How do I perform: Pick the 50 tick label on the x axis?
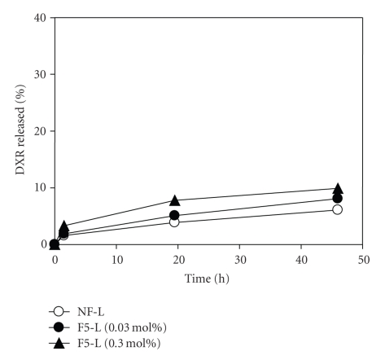(363, 259)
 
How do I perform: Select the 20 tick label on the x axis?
(178, 259)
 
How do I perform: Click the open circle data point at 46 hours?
(338, 209)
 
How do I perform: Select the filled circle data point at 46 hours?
(338, 198)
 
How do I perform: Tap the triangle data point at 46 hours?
(338, 188)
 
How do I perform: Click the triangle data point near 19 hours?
(174, 200)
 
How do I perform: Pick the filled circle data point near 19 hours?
(174, 215)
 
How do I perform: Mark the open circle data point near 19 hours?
(174, 222)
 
